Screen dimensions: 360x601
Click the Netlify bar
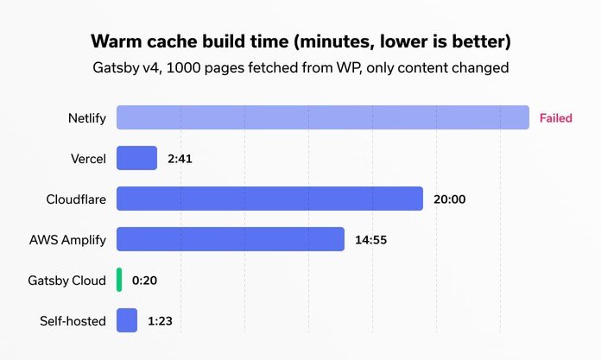pos(322,117)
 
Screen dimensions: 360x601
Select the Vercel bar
pos(136,158)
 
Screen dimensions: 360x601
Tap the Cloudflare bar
pos(269,199)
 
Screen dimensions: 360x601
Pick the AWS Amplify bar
pos(231,239)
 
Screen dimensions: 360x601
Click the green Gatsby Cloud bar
pos(119,280)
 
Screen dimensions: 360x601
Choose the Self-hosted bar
pos(127,320)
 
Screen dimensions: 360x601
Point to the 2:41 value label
pos(183,159)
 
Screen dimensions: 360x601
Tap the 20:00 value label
pos(449,199)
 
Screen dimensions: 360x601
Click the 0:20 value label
pos(144,281)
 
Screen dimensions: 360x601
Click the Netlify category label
pos(86,118)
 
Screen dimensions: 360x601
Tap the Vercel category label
pos(89,159)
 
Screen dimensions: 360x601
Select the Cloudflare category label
pos(76,199)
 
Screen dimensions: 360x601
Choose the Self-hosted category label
pos(73,321)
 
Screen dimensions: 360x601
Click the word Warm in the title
pos(117,41)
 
